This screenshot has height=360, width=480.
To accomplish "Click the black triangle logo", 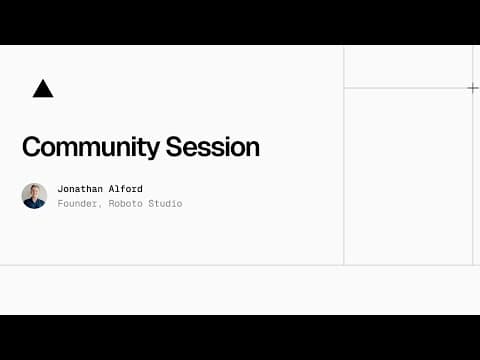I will click(x=42, y=89).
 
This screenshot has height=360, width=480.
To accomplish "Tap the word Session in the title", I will click(x=214, y=147).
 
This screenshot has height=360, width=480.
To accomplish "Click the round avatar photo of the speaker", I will click(x=34, y=195).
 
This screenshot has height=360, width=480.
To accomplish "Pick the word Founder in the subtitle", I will click(x=77, y=204).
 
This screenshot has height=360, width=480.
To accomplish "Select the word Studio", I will click(x=166, y=204).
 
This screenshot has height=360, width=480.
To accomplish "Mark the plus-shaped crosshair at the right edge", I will click(x=472, y=88).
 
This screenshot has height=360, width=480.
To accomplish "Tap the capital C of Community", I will click(x=31, y=147).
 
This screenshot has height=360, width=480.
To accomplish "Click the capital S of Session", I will click(x=177, y=147).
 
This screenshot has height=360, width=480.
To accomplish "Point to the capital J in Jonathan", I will click(x=60, y=188).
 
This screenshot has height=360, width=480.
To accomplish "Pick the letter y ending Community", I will click(x=155, y=150).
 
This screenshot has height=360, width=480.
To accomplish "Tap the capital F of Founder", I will click(x=60, y=204).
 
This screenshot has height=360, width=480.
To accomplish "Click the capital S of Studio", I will click(x=152, y=204).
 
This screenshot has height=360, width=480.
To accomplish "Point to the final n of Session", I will click(x=253, y=149).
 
